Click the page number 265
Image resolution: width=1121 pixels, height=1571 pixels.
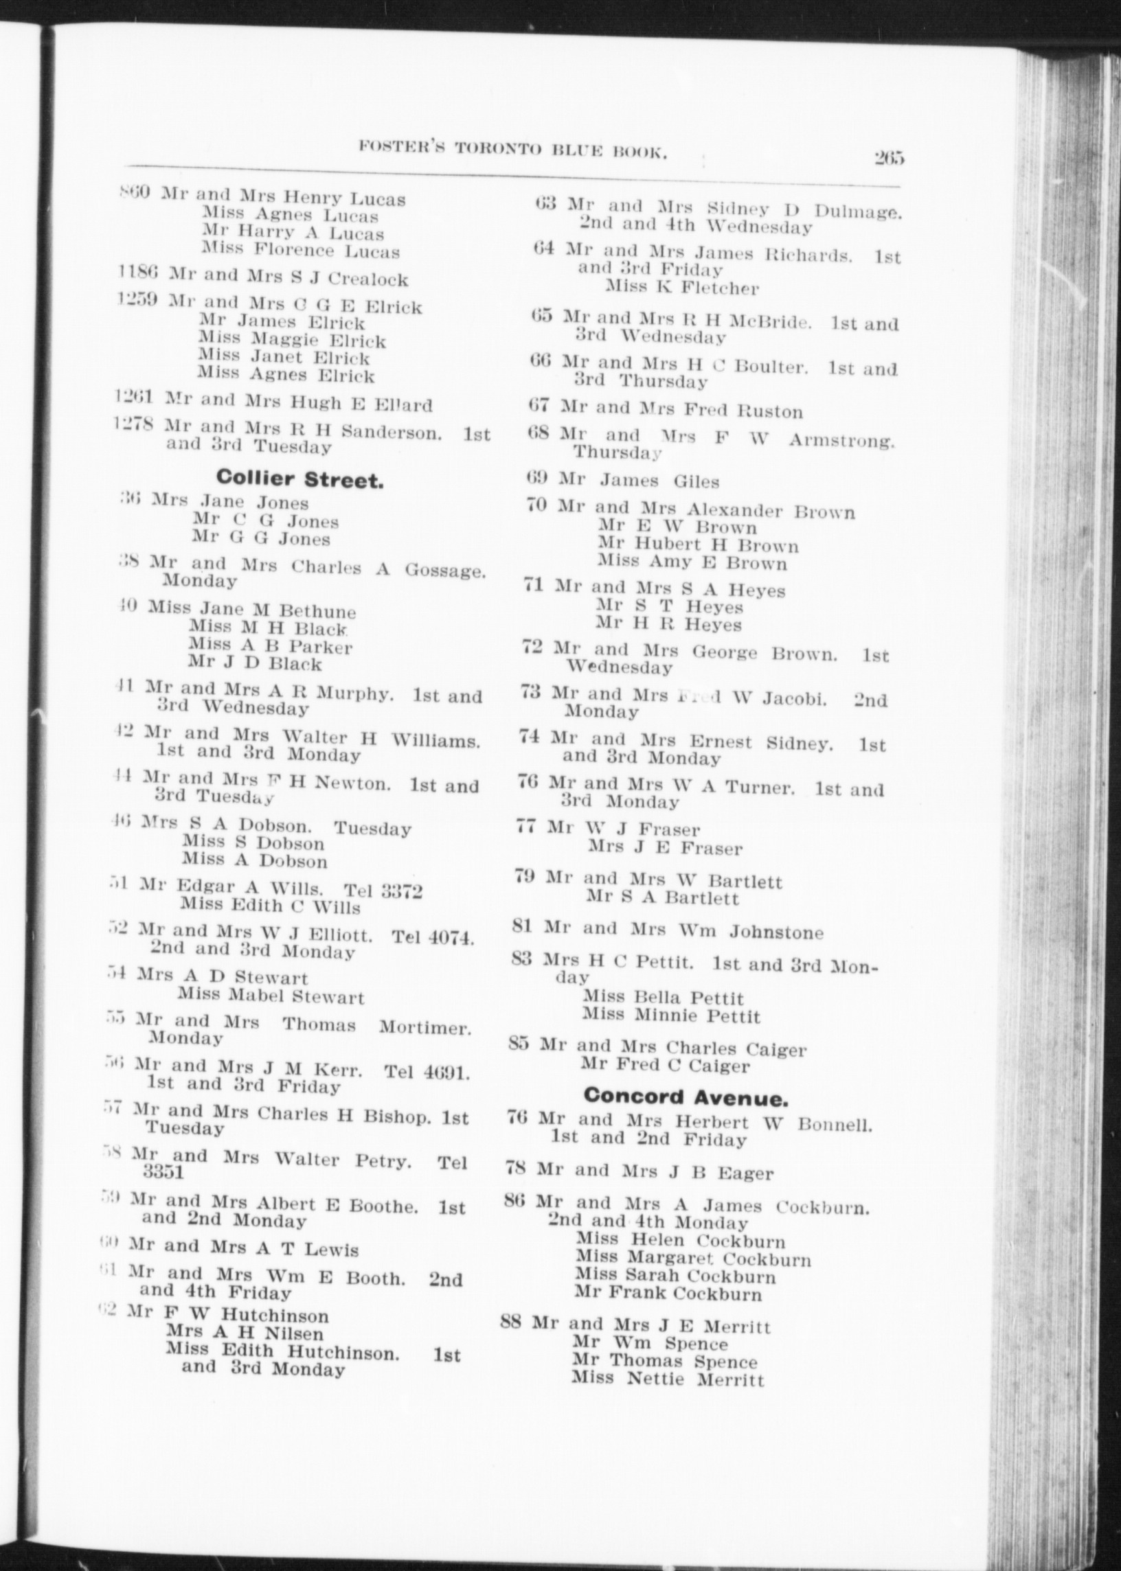point(888,158)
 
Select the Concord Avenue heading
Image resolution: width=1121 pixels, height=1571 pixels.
point(687,1096)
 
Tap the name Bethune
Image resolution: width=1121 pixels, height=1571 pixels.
point(317,611)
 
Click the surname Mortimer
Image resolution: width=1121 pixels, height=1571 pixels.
point(425,1027)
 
